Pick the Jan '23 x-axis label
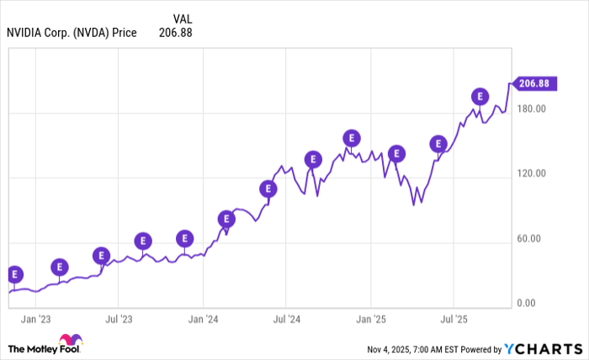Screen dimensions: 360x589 34,320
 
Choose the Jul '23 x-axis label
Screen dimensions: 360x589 119,320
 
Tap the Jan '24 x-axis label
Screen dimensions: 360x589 202,320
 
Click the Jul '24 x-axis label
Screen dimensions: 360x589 286,320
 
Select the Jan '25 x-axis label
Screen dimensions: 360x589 370,320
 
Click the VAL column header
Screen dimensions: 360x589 182,19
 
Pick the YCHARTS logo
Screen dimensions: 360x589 542,347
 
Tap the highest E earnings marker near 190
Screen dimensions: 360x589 480,97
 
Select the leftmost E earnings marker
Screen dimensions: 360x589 14,274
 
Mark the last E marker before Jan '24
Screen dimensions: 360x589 184,238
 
